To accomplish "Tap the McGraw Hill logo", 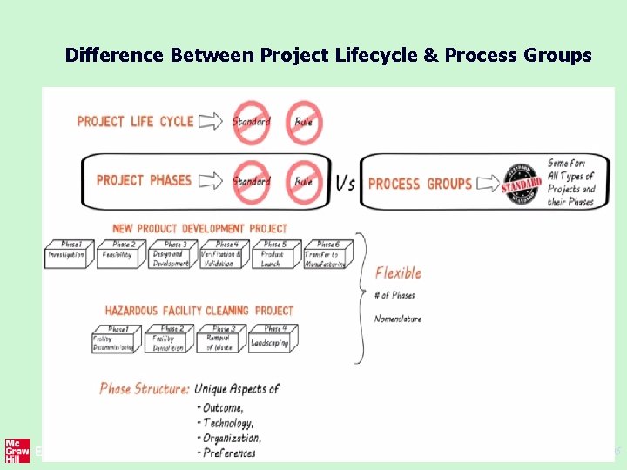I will [x=17, y=450].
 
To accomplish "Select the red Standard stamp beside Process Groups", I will [x=522, y=183].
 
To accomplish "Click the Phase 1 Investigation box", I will [x=66, y=253].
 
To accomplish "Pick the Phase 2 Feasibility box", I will [x=119, y=253].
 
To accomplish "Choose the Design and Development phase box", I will [x=171, y=253].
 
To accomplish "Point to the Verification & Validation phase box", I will [x=223, y=253].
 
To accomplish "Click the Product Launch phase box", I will [x=274, y=253].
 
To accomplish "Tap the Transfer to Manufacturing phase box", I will [x=327, y=253].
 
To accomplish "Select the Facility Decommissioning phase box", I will [x=115, y=339].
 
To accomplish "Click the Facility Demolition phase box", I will [x=170, y=339].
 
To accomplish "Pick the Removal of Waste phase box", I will [x=221, y=339].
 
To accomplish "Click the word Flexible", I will [x=398, y=272].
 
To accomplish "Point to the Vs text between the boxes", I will [x=345, y=184].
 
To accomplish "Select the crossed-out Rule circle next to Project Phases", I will [x=304, y=181].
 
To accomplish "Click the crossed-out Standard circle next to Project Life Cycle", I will [x=251, y=123].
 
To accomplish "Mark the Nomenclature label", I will [x=398, y=319].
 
